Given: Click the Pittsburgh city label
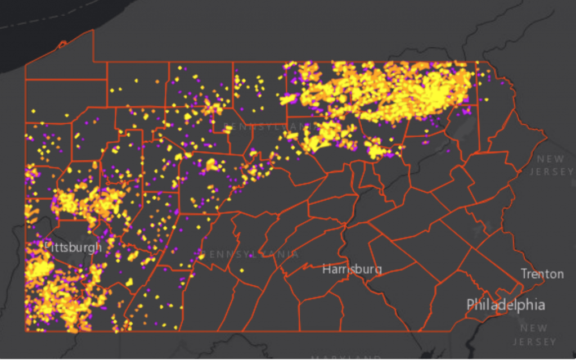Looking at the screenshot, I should (73, 247).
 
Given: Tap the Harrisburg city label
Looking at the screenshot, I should (352, 269).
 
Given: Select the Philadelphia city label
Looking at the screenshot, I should (505, 305).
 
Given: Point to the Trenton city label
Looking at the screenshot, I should (542, 274).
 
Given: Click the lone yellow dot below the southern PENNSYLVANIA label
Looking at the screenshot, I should (242, 271).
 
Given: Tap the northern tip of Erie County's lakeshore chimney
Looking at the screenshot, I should (93, 30).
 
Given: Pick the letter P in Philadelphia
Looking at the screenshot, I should (471, 305).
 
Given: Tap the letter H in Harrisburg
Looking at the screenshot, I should (326, 269).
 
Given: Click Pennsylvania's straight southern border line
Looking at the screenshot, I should (281, 331).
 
